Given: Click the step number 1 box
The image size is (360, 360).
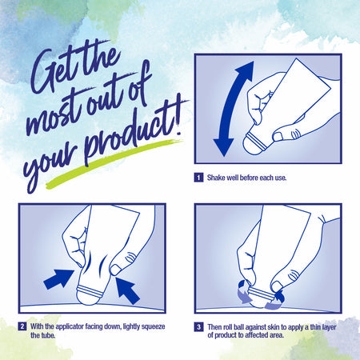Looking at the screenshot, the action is [198, 178].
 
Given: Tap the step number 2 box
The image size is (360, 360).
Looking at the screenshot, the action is [22, 326].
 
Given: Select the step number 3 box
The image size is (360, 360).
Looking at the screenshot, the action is [198, 327].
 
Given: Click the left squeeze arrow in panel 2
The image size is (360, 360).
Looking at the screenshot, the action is [58, 279].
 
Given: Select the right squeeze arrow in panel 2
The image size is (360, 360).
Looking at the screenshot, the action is [127, 290].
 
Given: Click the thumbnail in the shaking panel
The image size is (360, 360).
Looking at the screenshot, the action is [278, 137].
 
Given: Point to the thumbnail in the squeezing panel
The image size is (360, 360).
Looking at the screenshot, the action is [115, 270].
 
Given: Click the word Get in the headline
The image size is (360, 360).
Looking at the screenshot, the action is [54, 70].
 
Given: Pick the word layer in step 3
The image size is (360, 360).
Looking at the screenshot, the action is [329, 327].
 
